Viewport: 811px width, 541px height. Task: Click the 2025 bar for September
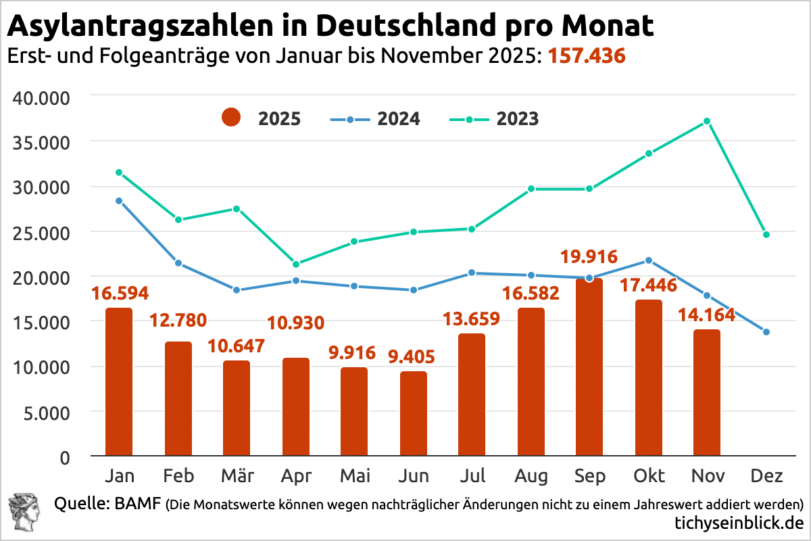pos(589,367)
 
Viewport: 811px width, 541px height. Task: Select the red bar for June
pos(413,414)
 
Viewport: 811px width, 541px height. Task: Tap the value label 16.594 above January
pos(119,293)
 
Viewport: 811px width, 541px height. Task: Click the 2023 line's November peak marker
pos(707,121)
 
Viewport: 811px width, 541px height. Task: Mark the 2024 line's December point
pos(766,332)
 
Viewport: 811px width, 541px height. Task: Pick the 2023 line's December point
pos(766,235)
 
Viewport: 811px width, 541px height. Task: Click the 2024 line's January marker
pos(119,201)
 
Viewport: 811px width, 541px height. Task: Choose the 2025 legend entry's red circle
pos(231,118)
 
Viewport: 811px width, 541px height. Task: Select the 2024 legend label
pos(399,119)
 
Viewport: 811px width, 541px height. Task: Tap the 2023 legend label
pos(518,119)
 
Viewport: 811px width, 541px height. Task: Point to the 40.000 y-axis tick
pos(42,97)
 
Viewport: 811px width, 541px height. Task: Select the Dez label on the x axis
pos(766,476)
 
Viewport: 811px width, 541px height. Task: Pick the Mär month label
pos(237,476)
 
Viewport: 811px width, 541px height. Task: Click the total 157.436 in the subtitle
pos(586,55)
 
